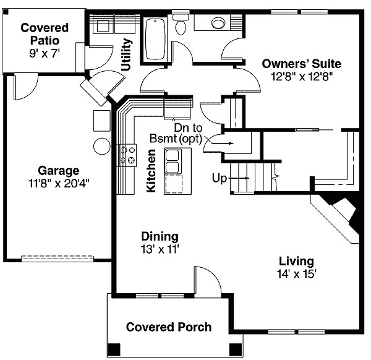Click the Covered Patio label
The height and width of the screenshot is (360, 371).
pos(44,34)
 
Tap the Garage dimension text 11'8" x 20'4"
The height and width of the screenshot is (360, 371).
pos(59,183)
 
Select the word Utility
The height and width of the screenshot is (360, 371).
pos(127,55)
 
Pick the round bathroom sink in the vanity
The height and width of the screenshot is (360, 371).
pos(218,24)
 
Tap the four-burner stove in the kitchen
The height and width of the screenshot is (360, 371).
pos(127,155)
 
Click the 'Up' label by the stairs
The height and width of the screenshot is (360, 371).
pos(220,178)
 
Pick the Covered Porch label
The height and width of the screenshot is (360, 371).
pos(169,327)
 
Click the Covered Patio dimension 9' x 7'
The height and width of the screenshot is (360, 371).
pos(44,53)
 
